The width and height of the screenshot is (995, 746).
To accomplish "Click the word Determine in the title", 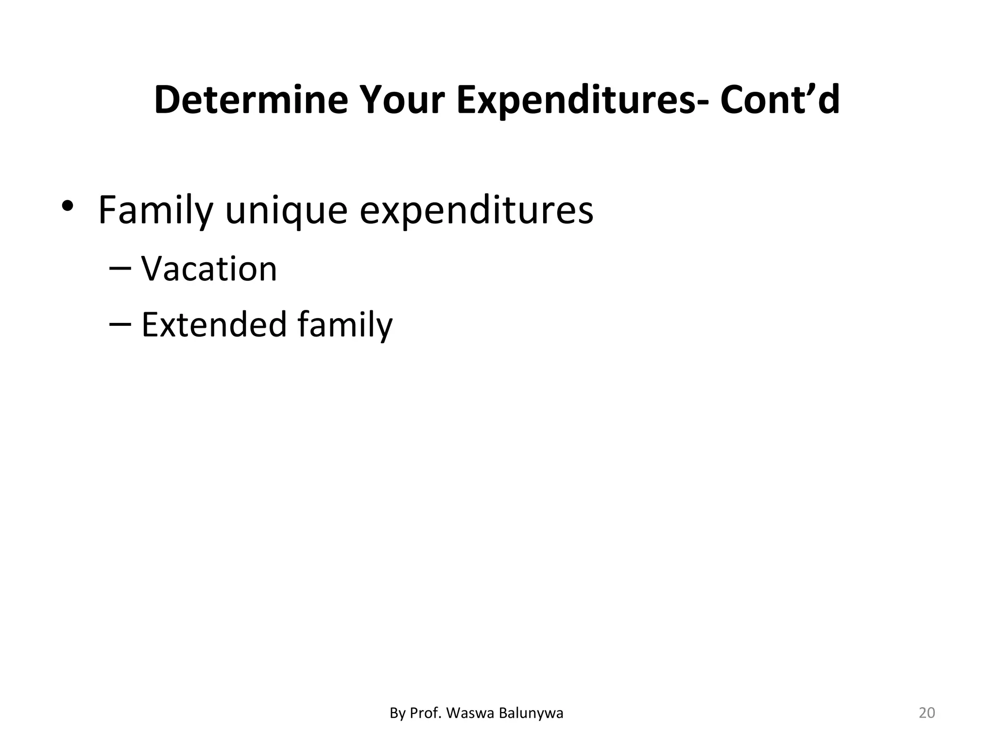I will coord(251,100).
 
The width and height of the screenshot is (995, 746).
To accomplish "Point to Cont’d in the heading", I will coord(780,100).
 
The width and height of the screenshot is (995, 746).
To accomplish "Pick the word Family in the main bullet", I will coord(155,211).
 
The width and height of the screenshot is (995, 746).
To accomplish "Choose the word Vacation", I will coord(209,269).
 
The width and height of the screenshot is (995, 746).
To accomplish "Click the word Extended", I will coord(214,324).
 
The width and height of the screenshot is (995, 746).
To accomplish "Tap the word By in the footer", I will coord(397,713).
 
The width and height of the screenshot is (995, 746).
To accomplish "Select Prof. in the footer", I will coord(426,713).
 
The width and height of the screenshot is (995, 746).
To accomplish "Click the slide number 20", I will coord(927,713).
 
